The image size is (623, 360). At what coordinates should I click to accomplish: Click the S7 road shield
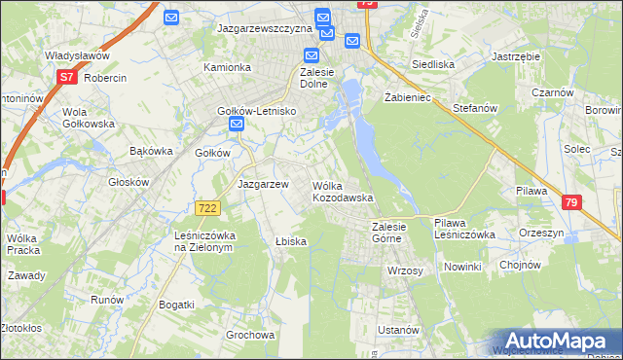(66, 76)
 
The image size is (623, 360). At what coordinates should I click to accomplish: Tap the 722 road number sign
(206, 208)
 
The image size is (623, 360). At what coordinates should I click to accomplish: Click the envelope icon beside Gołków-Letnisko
(236, 126)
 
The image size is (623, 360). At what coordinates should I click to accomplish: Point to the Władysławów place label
(76, 56)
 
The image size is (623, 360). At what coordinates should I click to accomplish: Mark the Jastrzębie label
(516, 56)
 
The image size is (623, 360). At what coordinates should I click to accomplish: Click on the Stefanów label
(474, 108)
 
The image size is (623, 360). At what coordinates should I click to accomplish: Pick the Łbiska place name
(291, 241)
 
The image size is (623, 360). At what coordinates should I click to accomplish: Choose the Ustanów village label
(398, 330)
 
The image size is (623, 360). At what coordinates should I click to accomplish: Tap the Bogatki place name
(176, 305)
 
